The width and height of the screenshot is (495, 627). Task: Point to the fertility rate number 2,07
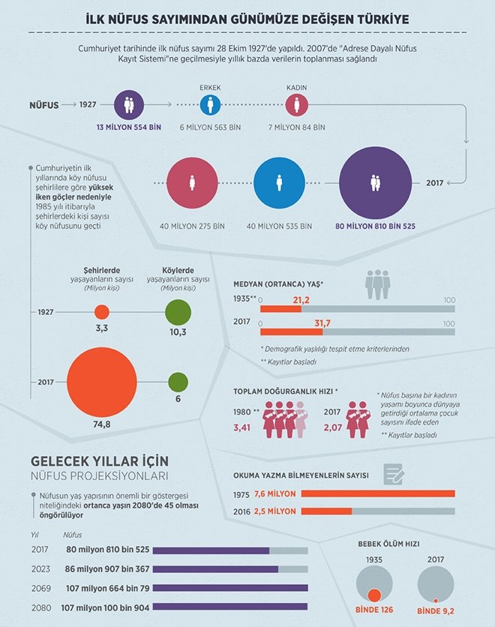click(x=334, y=427)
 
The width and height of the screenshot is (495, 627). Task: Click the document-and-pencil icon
click(x=394, y=472)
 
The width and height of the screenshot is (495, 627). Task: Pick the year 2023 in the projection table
click(x=40, y=569)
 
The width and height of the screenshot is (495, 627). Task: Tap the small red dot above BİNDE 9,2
click(x=435, y=600)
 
